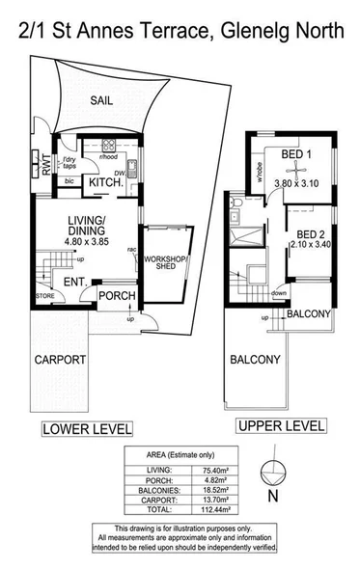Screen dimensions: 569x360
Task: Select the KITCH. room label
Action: pos(105,183)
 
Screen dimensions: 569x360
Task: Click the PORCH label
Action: pos(118,295)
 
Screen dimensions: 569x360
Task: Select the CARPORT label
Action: pos(60,360)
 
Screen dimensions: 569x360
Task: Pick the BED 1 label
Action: pos(295,155)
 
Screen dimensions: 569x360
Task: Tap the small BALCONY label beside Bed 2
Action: pos(309,314)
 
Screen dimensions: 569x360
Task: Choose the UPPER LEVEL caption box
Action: pos(282,425)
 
